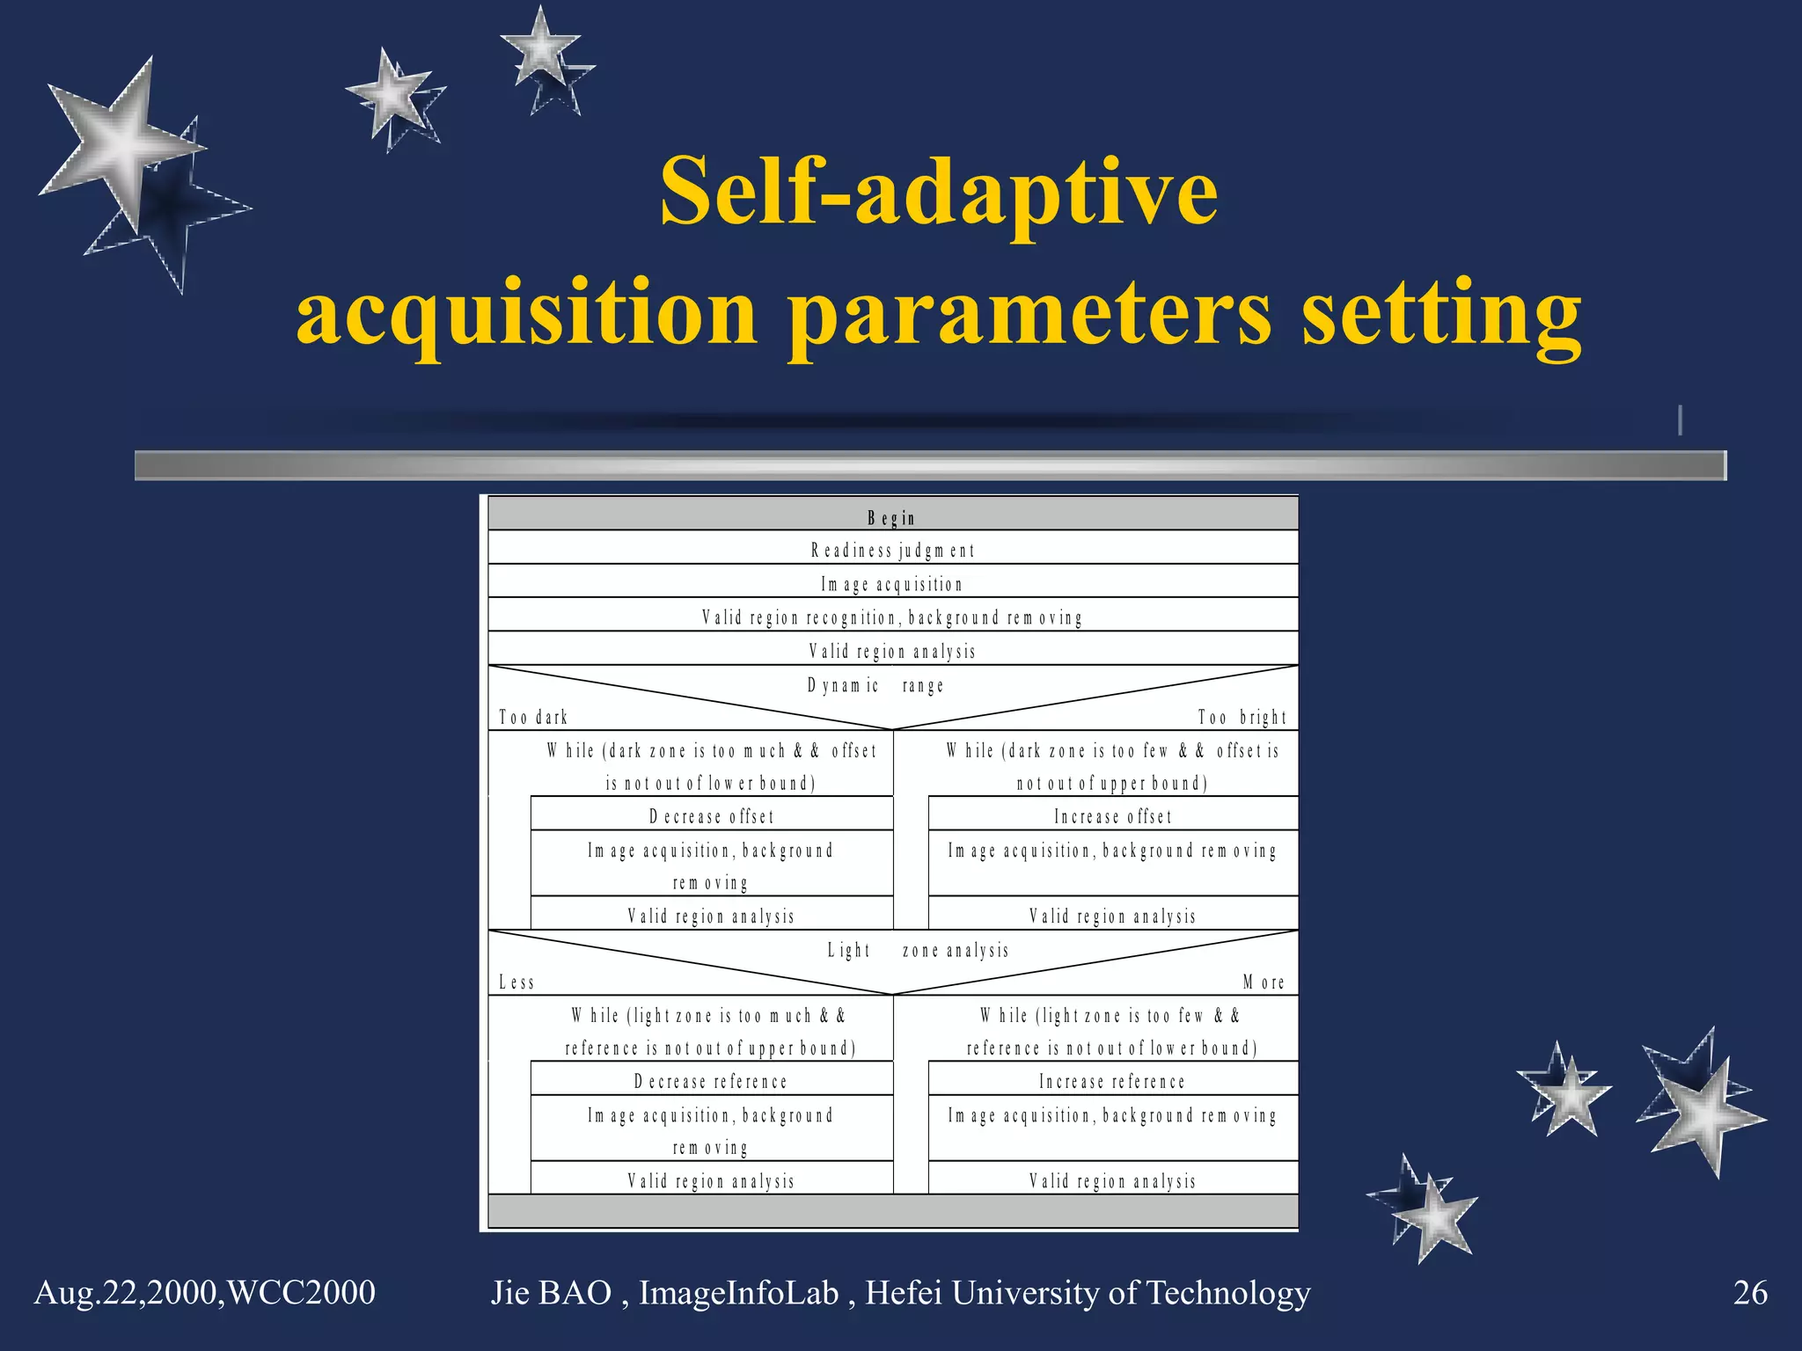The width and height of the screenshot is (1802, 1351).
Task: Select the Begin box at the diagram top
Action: click(x=892, y=517)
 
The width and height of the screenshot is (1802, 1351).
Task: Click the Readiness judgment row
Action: click(x=892, y=551)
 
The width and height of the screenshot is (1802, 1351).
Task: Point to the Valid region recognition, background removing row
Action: click(x=892, y=617)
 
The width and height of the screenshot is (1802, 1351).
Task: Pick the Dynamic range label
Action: click(x=875, y=685)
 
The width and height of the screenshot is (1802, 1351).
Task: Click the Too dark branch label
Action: click(x=533, y=718)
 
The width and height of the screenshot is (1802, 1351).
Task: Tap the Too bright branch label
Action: click(x=1242, y=718)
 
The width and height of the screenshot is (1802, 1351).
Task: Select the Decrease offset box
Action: click(x=711, y=816)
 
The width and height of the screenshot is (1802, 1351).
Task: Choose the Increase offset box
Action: click(x=1113, y=816)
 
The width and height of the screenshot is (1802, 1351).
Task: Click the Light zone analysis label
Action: click(x=918, y=950)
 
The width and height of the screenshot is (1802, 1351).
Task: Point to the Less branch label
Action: click(x=516, y=982)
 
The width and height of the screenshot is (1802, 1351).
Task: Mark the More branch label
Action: click(x=1264, y=982)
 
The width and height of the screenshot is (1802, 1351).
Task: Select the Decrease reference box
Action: click(x=711, y=1081)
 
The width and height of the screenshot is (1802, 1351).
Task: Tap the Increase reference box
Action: click(x=1113, y=1081)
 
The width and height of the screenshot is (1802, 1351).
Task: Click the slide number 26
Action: click(x=1750, y=1293)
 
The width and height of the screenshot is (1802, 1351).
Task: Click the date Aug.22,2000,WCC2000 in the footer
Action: click(x=205, y=1293)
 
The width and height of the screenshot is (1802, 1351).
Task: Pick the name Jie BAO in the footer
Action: click(x=552, y=1293)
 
